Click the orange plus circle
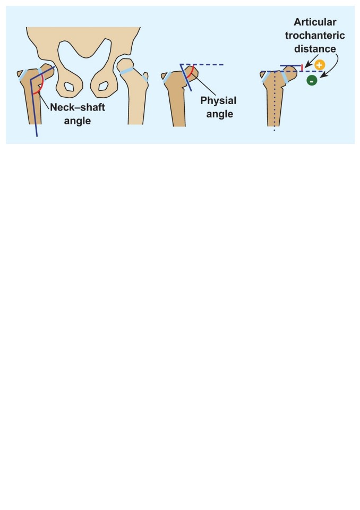319,65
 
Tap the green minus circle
312,80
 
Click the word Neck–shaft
78,107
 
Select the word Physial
218,100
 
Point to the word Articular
315,22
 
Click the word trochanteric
315,35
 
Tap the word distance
315,48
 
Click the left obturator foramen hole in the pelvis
68,87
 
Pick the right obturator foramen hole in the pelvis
104,86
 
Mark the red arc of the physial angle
191,72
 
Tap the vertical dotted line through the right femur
275,101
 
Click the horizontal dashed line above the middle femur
202,65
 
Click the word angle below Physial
219,114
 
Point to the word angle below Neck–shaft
78,121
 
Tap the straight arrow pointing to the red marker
311,61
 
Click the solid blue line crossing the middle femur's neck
186,78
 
